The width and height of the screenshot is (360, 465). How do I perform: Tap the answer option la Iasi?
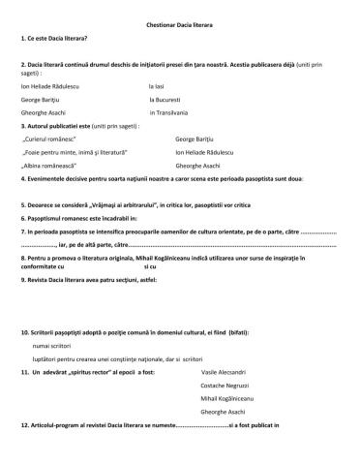[162, 86]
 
